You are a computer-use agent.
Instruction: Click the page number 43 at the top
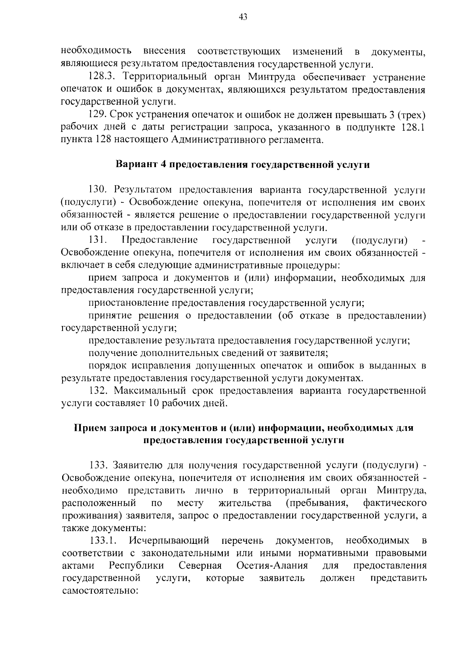point(243,17)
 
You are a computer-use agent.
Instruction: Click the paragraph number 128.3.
point(102,77)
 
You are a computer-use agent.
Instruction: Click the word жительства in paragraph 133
point(245,503)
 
